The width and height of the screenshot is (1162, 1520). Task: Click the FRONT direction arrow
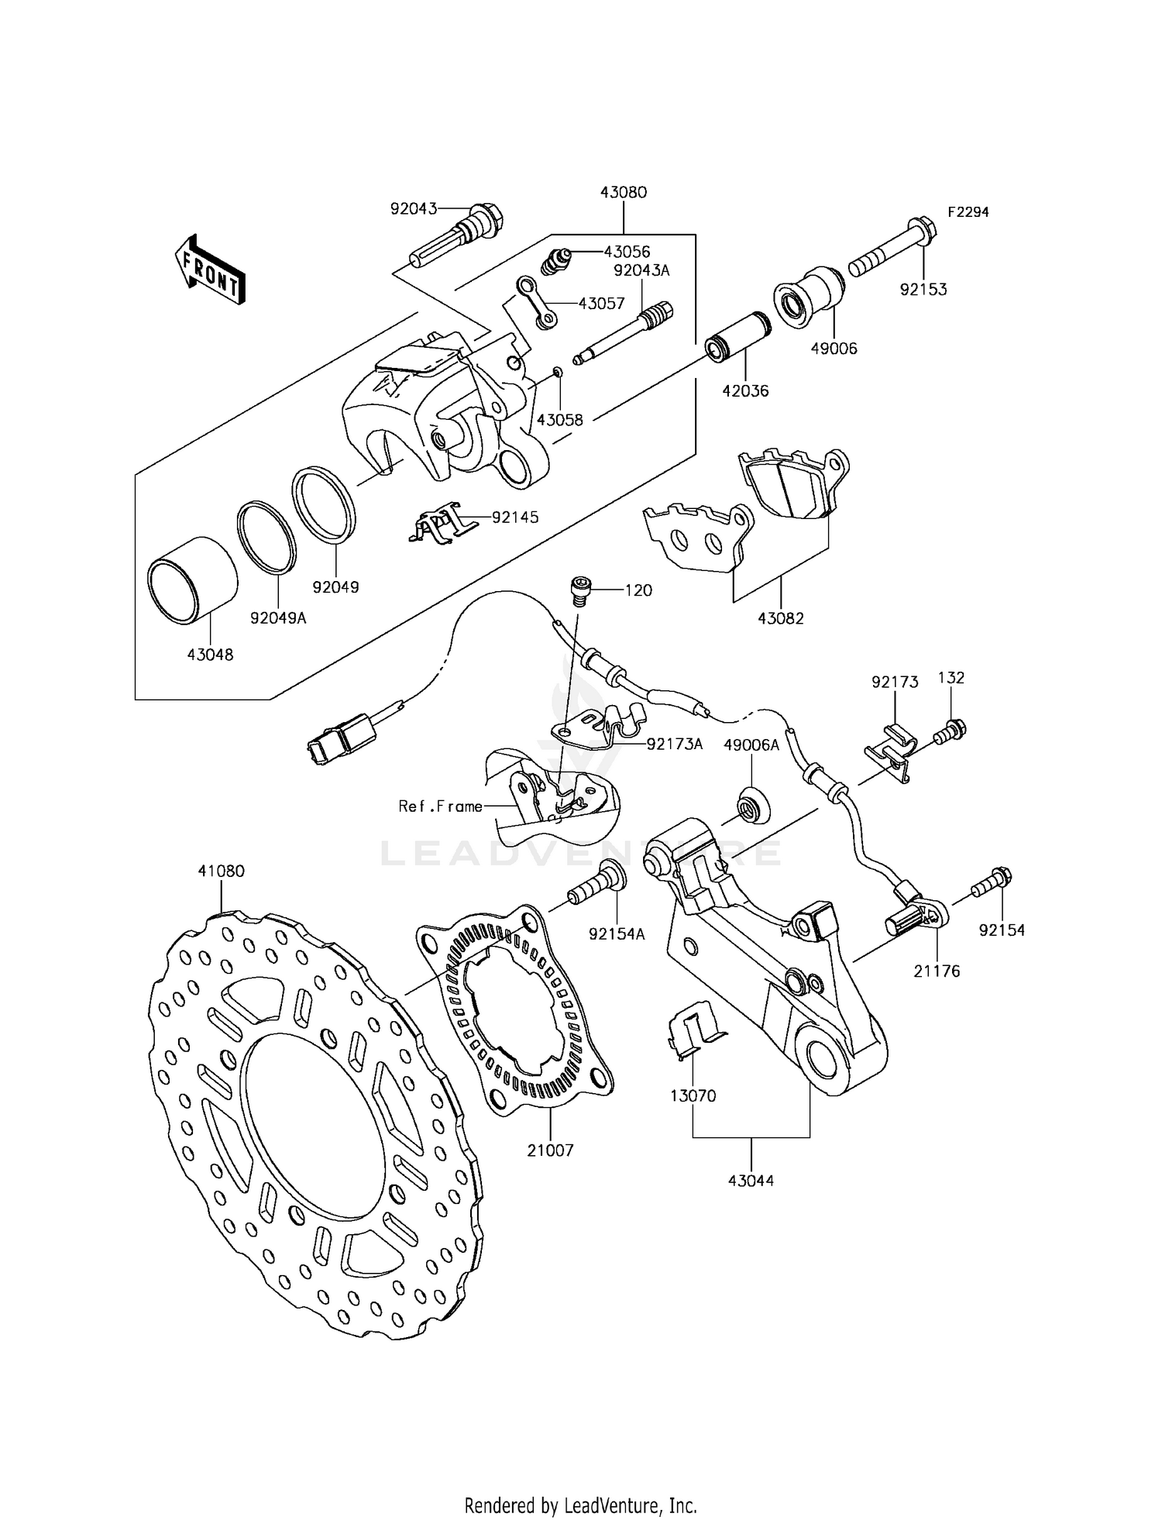click(210, 270)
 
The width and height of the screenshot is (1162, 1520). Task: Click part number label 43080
click(623, 192)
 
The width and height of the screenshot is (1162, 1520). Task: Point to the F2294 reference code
click(968, 211)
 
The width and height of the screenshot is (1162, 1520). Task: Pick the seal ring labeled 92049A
click(266, 538)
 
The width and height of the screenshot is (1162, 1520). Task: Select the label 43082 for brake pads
click(780, 618)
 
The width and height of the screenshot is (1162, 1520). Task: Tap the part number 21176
click(936, 971)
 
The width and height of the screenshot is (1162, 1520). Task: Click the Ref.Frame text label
click(439, 806)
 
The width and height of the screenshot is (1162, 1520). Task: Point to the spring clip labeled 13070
click(692, 1034)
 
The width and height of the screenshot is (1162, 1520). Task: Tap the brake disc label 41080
click(221, 871)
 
